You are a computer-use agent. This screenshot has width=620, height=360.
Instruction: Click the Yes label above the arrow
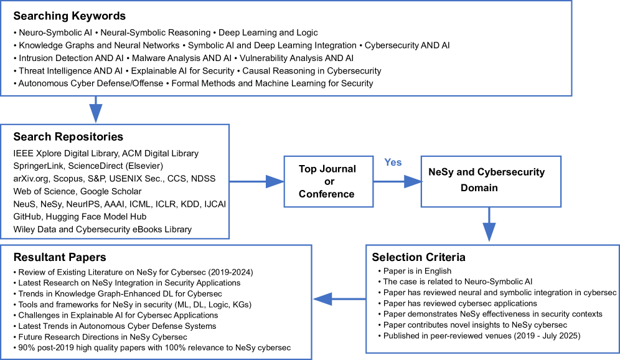click(x=393, y=163)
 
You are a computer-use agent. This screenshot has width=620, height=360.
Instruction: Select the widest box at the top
click(x=286, y=48)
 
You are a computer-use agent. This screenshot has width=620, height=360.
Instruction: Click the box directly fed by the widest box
click(x=115, y=181)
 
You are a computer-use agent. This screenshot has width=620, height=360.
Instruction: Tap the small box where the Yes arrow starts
click(x=329, y=181)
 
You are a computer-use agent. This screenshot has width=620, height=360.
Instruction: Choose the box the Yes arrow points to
click(x=491, y=181)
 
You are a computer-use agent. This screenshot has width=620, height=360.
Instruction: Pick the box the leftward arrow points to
click(x=156, y=301)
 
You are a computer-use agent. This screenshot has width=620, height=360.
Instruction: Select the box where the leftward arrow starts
click(x=492, y=299)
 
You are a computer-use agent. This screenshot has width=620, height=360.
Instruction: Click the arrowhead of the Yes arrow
click(x=413, y=182)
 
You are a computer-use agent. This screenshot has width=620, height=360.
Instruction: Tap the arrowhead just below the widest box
click(x=96, y=113)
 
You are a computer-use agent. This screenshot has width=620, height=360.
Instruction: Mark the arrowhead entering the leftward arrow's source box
click(x=489, y=232)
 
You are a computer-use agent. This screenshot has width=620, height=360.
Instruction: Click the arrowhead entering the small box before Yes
click(x=275, y=182)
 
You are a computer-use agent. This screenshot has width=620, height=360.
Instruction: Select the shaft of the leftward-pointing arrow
click(x=349, y=299)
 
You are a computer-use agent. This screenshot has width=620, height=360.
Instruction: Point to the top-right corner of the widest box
click(x=571, y=1)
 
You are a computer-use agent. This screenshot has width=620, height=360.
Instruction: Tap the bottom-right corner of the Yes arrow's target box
click(x=561, y=207)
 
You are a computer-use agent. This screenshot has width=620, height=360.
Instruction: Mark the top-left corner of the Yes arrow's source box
click(x=284, y=156)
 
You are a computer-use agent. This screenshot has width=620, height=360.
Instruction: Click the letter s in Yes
click(x=399, y=163)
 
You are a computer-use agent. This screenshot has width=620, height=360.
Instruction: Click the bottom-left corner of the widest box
click(x=1, y=95)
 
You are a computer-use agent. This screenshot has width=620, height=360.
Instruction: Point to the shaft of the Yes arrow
click(x=389, y=182)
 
